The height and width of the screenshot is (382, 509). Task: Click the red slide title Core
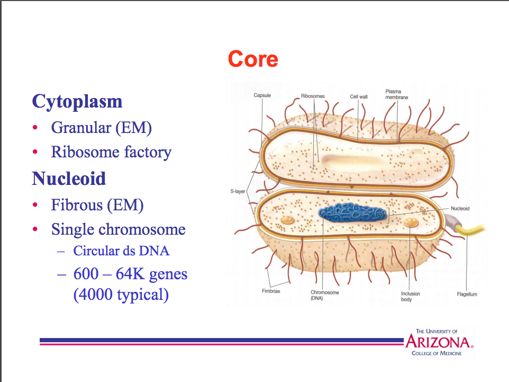tap(253, 59)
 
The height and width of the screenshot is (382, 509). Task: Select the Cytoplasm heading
tap(77, 101)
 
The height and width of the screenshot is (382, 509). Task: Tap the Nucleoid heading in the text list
tap(69, 179)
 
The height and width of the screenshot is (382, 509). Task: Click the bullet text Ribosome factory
tap(111, 153)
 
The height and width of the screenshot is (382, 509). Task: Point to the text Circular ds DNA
tap(121, 251)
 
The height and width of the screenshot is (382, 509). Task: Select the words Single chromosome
tap(118, 229)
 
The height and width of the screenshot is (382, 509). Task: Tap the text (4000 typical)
tap(121, 295)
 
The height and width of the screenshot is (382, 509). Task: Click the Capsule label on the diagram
tap(262, 95)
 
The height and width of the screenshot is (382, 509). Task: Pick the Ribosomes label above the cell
tap(313, 96)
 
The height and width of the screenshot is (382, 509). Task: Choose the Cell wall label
tap(358, 97)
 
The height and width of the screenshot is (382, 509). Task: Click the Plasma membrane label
tap(397, 94)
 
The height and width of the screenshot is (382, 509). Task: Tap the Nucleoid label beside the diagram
tap(460, 209)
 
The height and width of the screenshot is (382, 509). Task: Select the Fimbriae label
tap(271, 291)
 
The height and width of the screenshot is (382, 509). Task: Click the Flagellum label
tap(467, 294)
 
